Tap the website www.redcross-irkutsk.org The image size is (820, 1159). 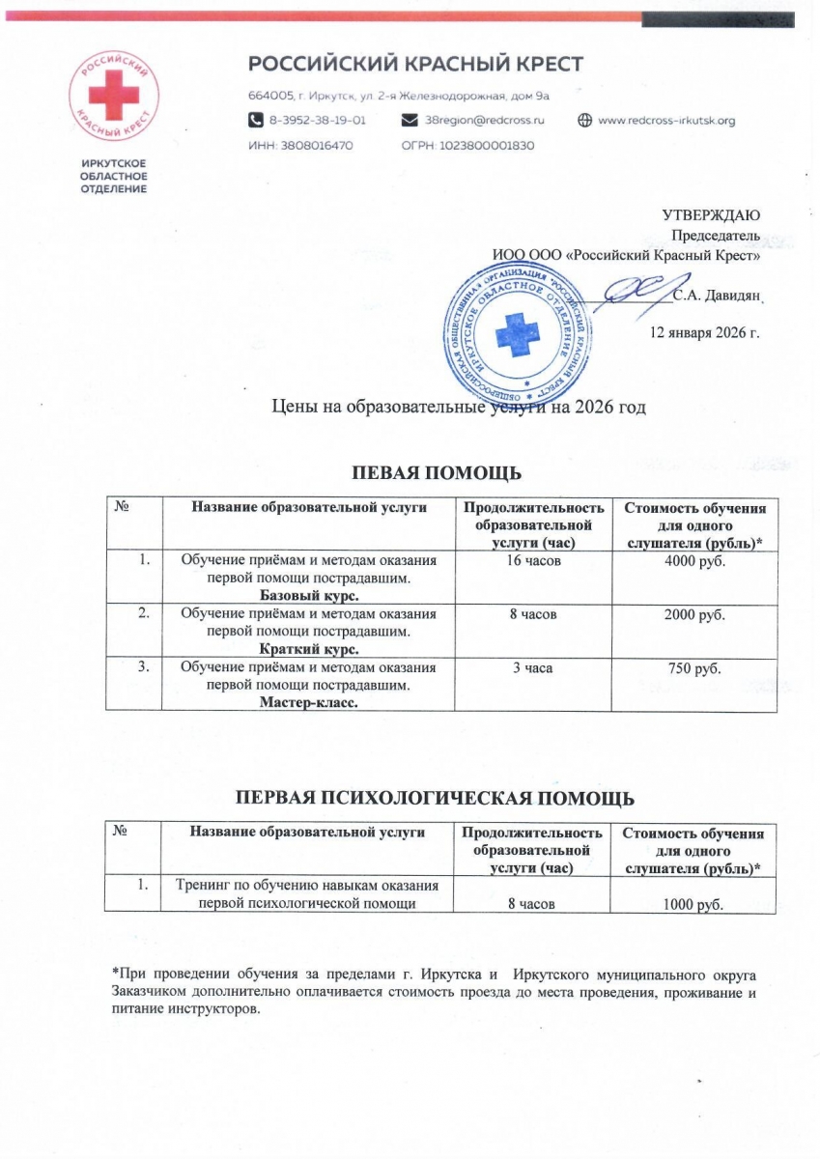666,121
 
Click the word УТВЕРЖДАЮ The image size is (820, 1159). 711,214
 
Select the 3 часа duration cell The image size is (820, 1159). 531,668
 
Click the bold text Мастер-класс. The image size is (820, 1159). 308,702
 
